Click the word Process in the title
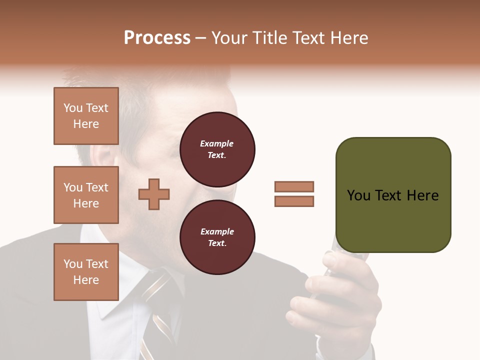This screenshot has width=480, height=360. [x=157, y=38]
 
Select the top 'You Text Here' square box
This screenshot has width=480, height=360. [x=86, y=116]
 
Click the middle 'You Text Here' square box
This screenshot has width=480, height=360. [x=86, y=195]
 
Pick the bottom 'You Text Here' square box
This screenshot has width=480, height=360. [x=86, y=272]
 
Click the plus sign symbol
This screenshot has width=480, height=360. [x=154, y=194]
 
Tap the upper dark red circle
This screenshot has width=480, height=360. [x=217, y=149]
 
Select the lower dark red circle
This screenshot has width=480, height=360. [x=217, y=237]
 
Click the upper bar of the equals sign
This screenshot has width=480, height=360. [x=294, y=186]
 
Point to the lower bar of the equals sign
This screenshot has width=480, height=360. [x=294, y=201]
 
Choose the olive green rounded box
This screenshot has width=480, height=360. [x=393, y=195]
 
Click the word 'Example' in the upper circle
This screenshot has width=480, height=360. [x=216, y=143]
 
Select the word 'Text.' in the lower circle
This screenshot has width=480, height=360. [x=217, y=243]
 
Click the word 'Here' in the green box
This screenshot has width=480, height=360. [x=422, y=195]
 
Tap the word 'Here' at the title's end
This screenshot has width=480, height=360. [x=349, y=38]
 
